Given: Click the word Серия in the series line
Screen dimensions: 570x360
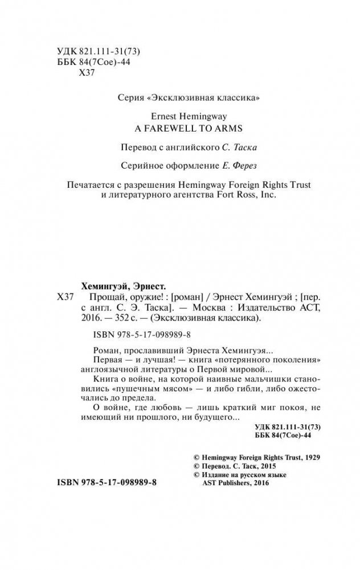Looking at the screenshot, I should pyautogui.click(x=127, y=98).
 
